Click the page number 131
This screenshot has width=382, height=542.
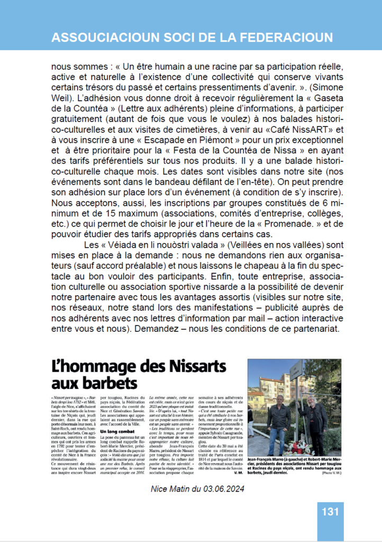point(330,512)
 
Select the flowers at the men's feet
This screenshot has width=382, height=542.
point(299,447)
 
